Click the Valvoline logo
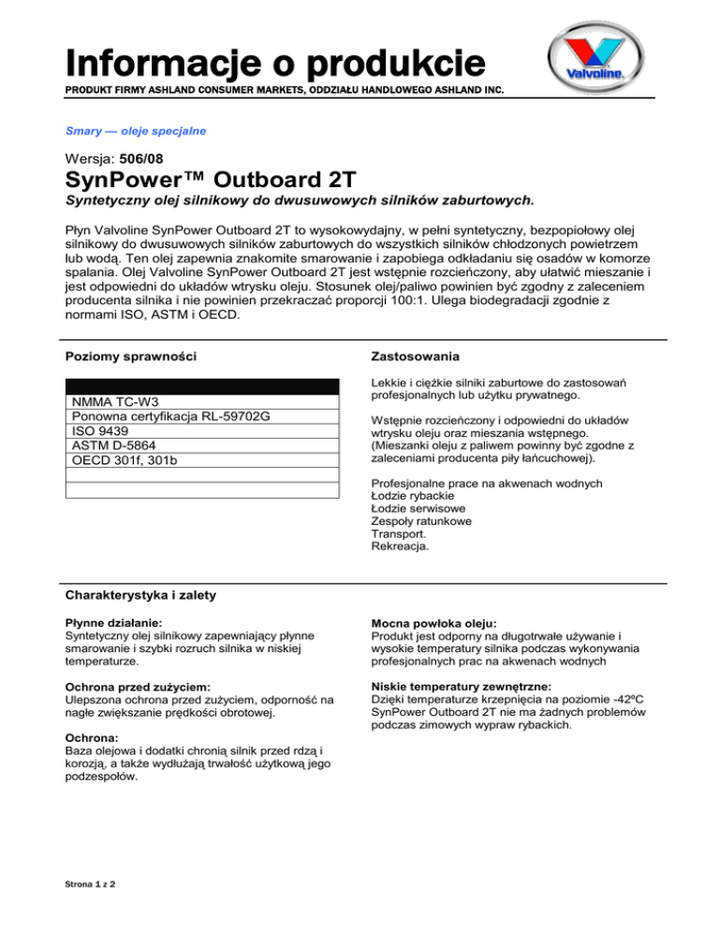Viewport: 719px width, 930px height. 596,61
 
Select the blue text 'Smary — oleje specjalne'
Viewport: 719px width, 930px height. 135,131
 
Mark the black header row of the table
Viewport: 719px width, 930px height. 201,386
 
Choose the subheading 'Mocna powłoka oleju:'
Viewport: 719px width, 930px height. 438,620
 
